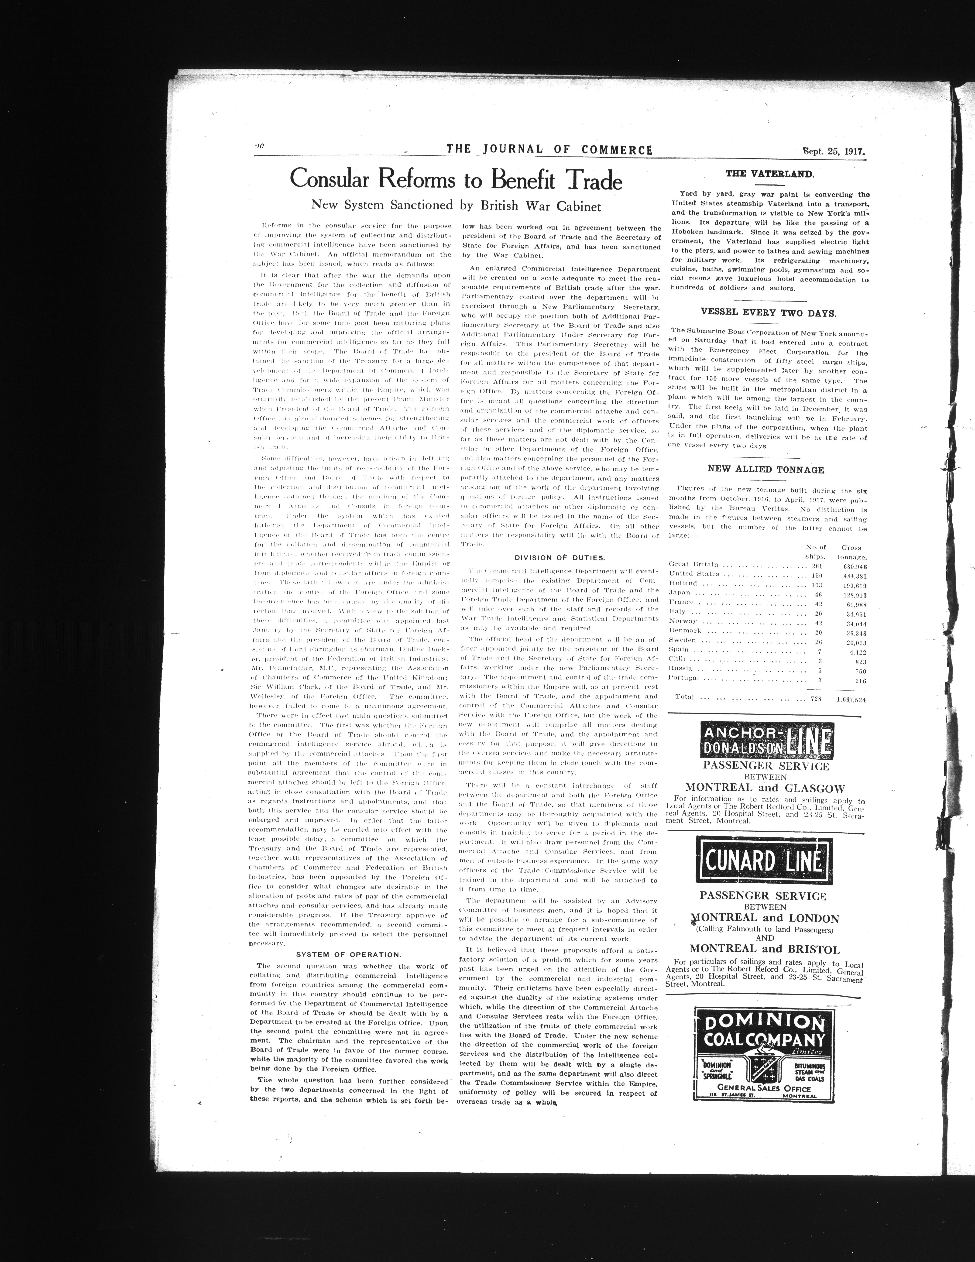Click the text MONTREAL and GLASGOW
pos(765,788)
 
